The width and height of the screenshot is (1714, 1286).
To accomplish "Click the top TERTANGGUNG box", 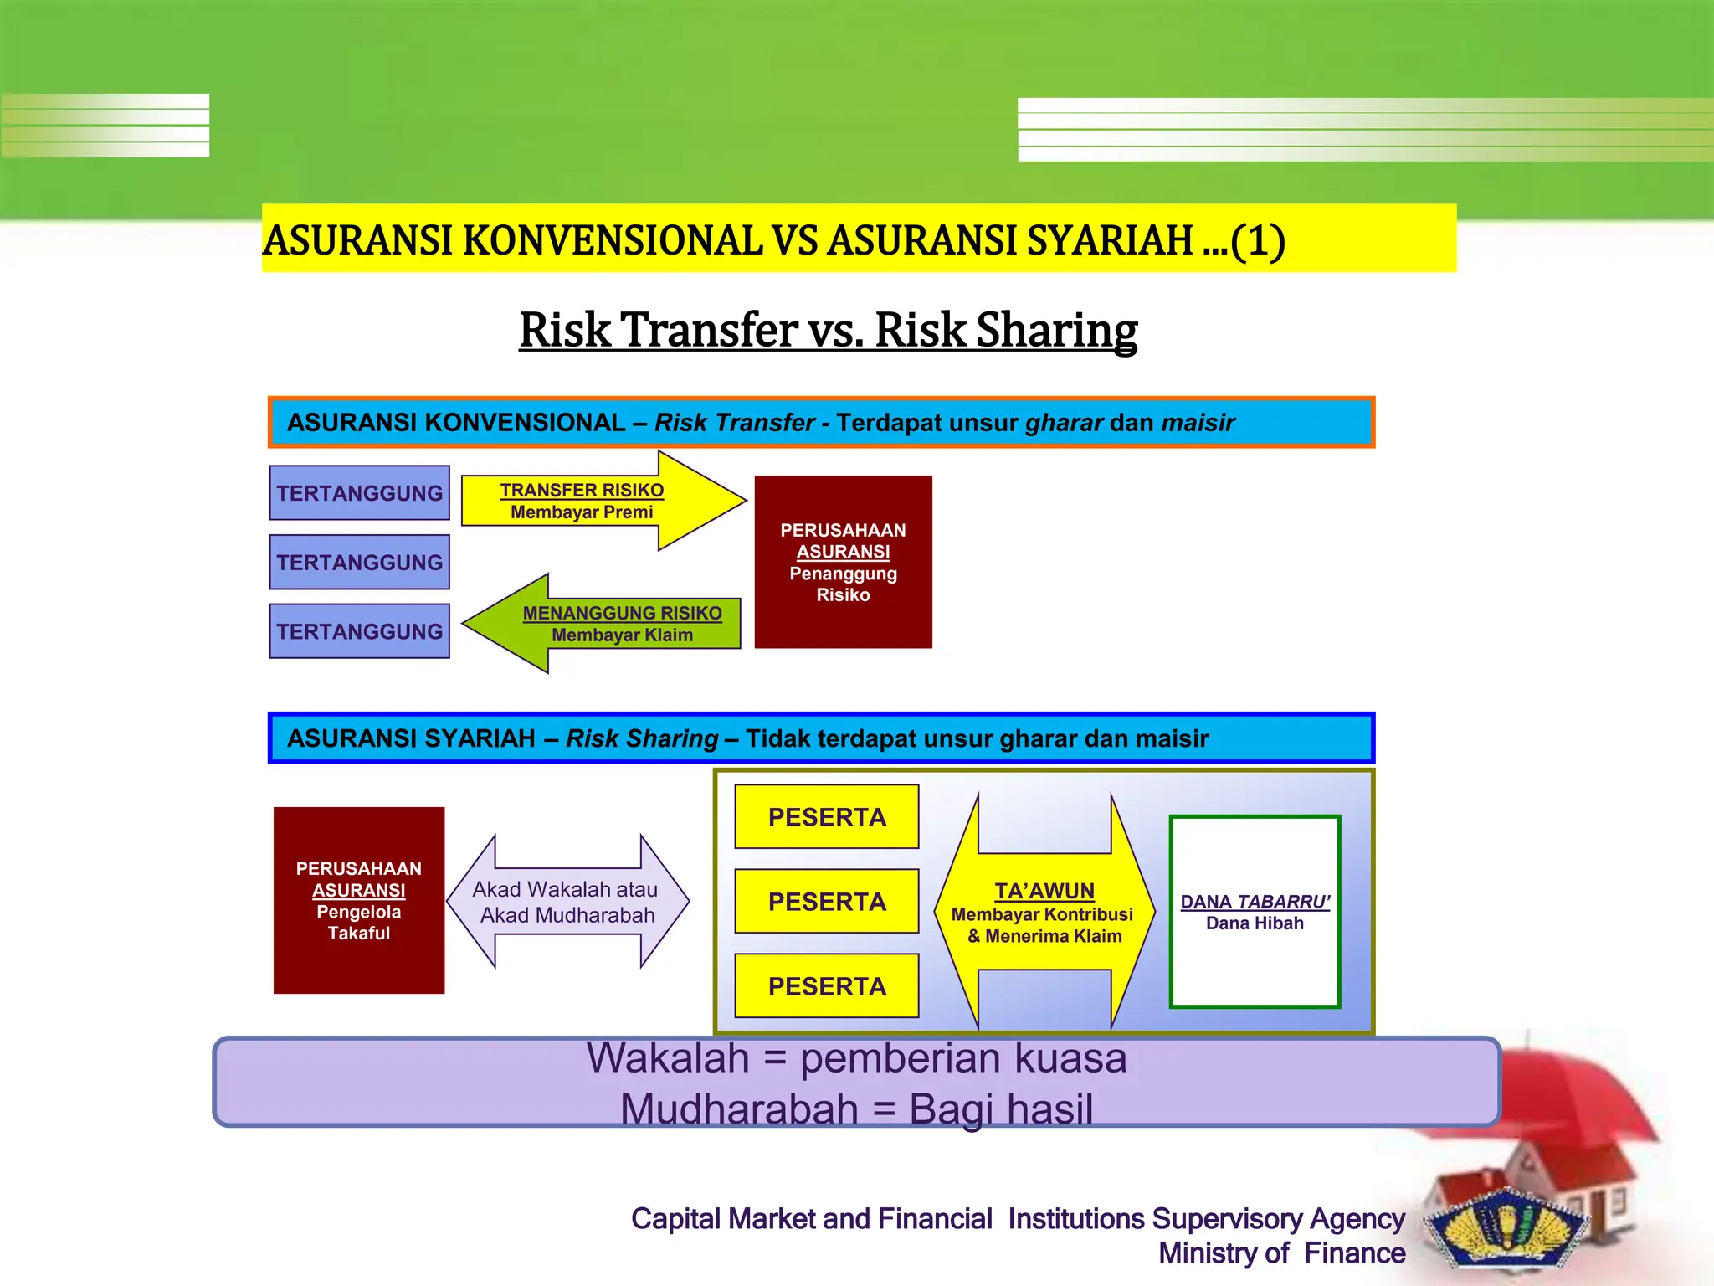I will [359, 493].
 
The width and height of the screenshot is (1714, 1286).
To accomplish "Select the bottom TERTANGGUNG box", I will [359, 631].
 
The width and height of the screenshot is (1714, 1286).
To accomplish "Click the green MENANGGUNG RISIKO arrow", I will [611, 624].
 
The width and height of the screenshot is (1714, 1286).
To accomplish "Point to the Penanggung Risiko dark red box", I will [843, 562].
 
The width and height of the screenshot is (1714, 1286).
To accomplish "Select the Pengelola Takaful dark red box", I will [358, 900].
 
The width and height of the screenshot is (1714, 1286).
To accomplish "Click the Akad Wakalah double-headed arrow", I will [567, 902].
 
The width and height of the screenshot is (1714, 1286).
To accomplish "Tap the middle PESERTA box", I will [827, 902].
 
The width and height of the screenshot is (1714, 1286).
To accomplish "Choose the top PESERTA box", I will [827, 817].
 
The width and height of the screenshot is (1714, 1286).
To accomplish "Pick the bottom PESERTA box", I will [827, 986].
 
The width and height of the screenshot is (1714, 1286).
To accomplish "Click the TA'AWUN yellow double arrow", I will [1044, 913].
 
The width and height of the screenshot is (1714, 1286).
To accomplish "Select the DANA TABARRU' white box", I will [1255, 912].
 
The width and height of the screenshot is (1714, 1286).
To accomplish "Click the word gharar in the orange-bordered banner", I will [1064, 423].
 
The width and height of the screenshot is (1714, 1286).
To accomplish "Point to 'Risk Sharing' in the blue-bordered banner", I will [642, 738].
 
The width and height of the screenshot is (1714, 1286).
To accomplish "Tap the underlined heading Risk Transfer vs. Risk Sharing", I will [828, 330].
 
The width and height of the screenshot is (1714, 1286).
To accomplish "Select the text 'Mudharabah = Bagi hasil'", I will [856, 1109].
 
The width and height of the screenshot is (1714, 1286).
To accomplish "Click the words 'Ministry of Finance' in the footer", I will [1281, 1253].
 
